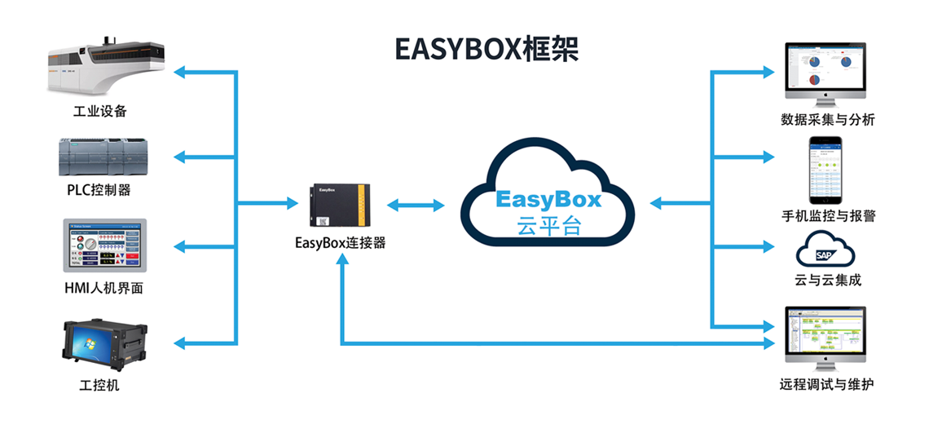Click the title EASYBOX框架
[x=487, y=49]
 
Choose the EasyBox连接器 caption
[x=341, y=242]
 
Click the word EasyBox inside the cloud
[x=548, y=199]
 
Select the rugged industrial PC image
[x=101, y=345]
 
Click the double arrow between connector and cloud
[x=416, y=205]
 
